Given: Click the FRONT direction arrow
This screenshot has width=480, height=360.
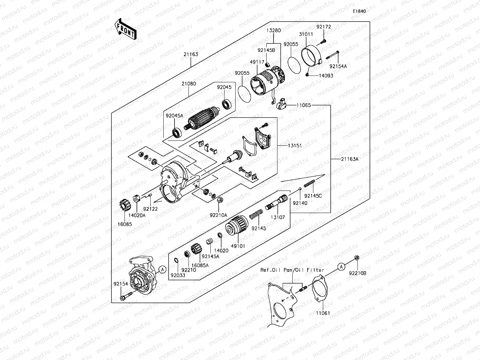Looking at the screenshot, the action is click(x=125, y=29).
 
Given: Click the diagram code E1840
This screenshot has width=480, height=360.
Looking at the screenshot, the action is click(x=359, y=11).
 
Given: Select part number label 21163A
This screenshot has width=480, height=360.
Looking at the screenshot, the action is click(x=350, y=159).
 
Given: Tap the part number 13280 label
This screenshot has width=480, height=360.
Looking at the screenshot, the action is click(x=273, y=30).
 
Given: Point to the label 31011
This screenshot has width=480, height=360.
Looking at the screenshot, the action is click(x=306, y=34).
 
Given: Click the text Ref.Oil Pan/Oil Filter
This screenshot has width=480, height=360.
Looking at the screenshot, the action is click(x=292, y=270).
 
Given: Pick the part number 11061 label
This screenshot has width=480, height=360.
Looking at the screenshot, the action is click(x=323, y=313).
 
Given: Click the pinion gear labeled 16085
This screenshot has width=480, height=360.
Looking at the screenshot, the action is click(x=124, y=205).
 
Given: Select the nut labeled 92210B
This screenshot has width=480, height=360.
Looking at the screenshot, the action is click(x=356, y=258).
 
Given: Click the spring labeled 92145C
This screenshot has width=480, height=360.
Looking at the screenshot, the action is click(x=309, y=183).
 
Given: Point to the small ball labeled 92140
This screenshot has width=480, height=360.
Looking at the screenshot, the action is click(x=300, y=188).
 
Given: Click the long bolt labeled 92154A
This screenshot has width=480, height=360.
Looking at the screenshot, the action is click(x=332, y=55).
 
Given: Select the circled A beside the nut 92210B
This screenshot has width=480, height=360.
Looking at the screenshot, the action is click(x=341, y=267).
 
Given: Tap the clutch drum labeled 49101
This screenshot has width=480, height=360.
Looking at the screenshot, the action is click(x=237, y=225).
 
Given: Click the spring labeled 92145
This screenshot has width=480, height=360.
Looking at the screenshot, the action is click(x=256, y=214).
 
